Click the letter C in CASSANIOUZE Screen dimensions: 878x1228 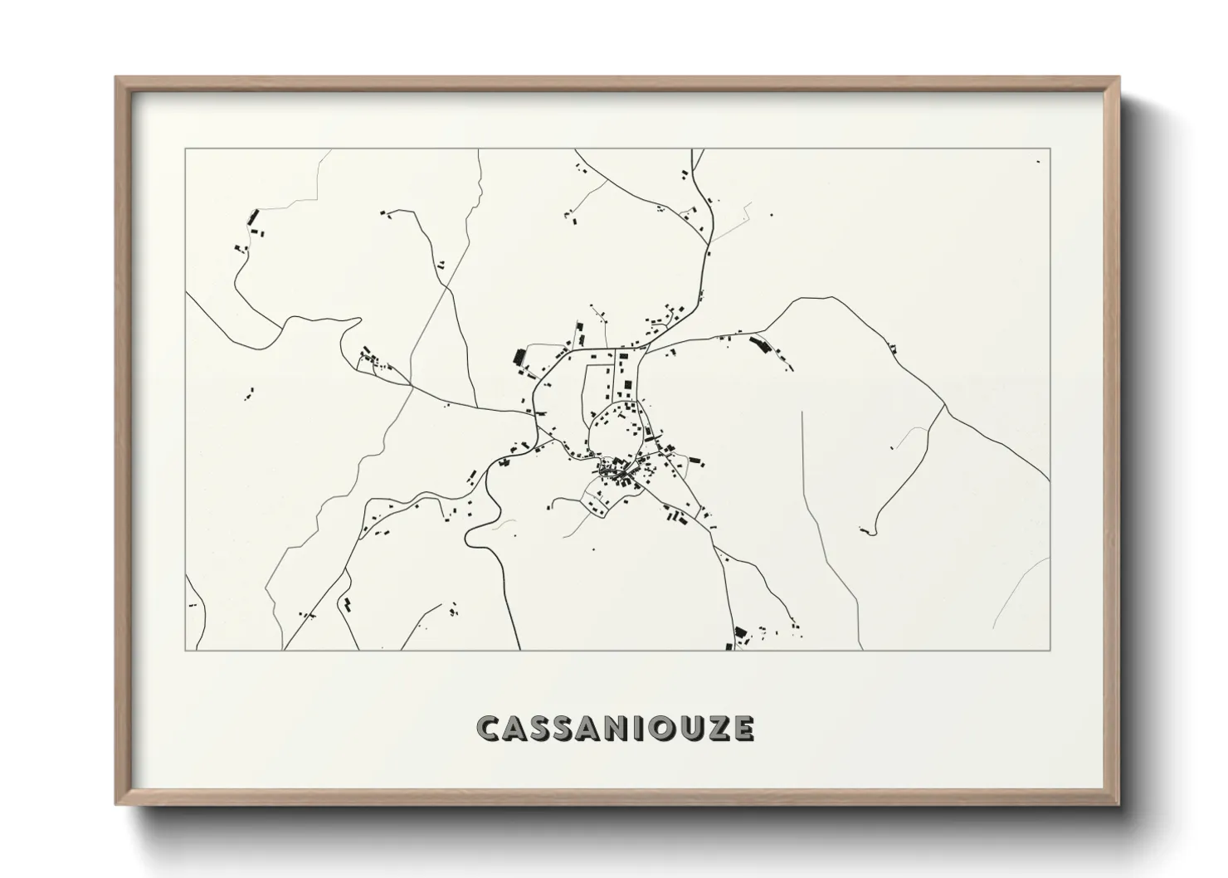490,728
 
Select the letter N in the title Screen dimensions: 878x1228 622,728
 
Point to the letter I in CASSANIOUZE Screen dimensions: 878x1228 644,728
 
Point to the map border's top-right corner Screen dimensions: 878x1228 1050,149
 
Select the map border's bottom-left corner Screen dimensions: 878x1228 185,650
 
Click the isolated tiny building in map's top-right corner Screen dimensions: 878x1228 1038,161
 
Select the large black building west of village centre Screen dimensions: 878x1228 520,358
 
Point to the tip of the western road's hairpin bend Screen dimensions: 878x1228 359,319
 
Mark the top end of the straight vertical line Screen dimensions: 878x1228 802,412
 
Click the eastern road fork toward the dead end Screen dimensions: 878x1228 944,406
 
